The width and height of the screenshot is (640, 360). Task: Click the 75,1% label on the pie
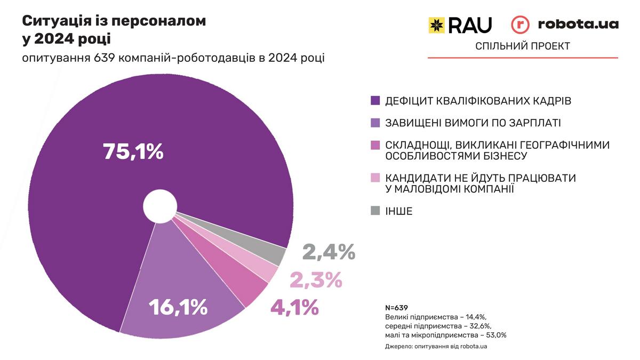click(133, 151)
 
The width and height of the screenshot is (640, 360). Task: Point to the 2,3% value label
click(315, 279)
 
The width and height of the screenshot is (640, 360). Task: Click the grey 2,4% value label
click(329, 252)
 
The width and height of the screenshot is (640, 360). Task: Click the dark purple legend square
click(375, 100)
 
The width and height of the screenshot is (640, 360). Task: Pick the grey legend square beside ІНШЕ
click(375, 211)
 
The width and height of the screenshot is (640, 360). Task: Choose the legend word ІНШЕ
click(399, 211)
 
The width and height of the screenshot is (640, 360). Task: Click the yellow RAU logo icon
click(436, 25)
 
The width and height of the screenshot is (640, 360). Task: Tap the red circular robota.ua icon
click(521, 25)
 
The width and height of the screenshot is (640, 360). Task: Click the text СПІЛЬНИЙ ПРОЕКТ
click(523, 46)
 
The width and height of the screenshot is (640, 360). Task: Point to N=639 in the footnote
click(396, 308)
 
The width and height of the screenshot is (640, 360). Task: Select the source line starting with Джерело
click(436, 347)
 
